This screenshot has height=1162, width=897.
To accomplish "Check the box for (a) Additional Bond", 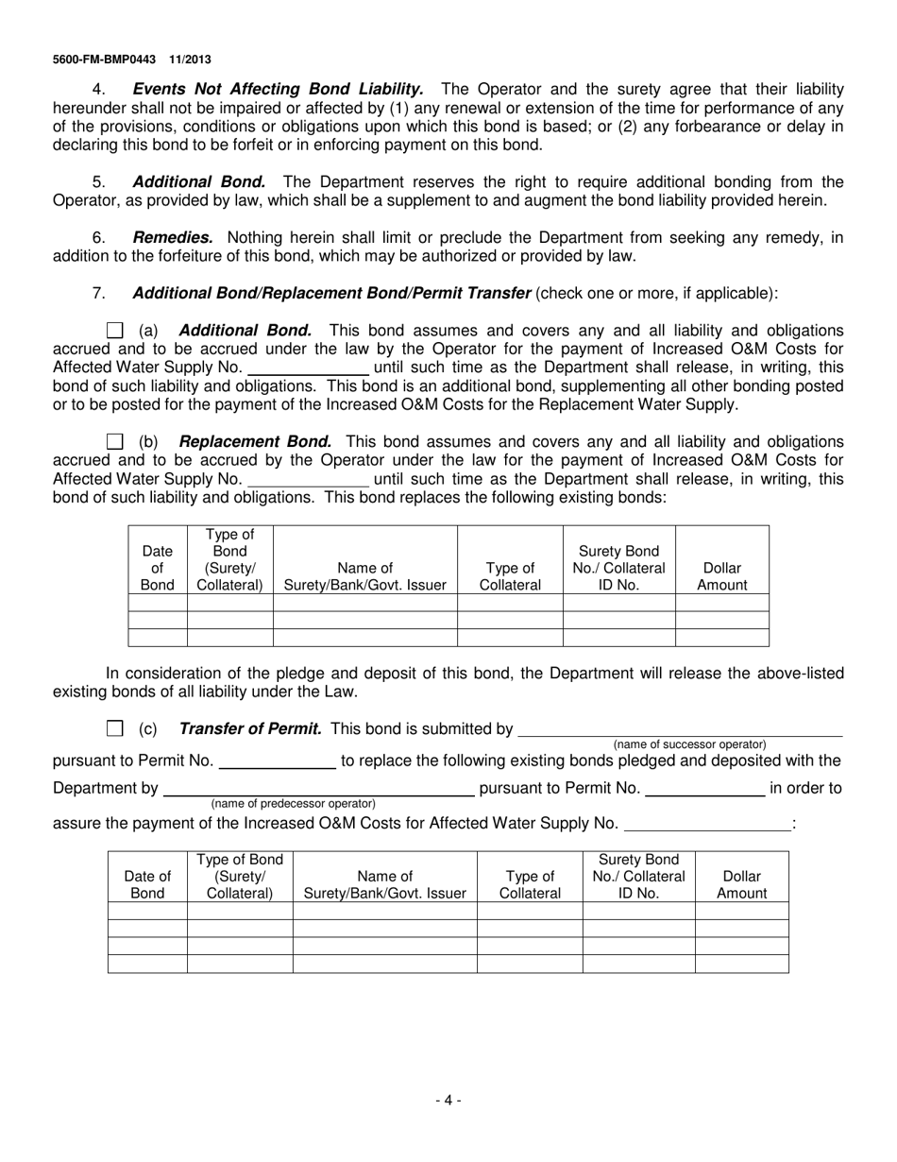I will (115, 331).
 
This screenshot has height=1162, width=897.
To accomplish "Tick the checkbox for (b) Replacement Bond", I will (115, 442).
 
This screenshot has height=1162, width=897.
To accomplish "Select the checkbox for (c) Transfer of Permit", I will (115, 728).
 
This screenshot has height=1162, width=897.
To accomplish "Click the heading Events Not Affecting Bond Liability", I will (279, 89).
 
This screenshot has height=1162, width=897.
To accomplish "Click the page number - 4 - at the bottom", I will (448, 1100).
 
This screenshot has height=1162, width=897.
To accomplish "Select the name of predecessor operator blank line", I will (319, 788).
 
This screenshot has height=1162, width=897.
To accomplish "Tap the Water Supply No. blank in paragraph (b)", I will (307, 479).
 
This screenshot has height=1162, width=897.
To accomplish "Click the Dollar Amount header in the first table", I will (722, 576).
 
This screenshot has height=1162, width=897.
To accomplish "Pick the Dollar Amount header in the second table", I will (742, 884).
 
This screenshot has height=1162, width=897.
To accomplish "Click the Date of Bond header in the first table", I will (158, 568).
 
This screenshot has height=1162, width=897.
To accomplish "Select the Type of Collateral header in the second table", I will (530, 884).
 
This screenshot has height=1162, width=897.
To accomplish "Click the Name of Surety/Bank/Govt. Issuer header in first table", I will (365, 576).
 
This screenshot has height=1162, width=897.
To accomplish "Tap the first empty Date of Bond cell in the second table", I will (147, 911).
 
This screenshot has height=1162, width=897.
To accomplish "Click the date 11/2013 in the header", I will (192, 60).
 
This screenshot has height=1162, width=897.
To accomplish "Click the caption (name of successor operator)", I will (689, 744).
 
